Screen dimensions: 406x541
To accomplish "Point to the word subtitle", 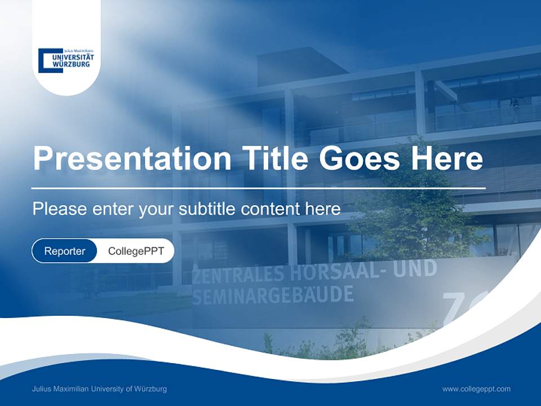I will tap(207, 209).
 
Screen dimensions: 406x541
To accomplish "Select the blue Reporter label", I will tap(64, 251).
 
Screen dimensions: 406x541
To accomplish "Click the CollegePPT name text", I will tap(136, 251).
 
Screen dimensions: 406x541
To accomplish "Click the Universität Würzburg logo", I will tap(66, 60).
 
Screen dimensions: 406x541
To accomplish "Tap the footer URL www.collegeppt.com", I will tap(476, 389).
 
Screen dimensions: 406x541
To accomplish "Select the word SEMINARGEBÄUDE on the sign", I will tap(273, 294).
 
